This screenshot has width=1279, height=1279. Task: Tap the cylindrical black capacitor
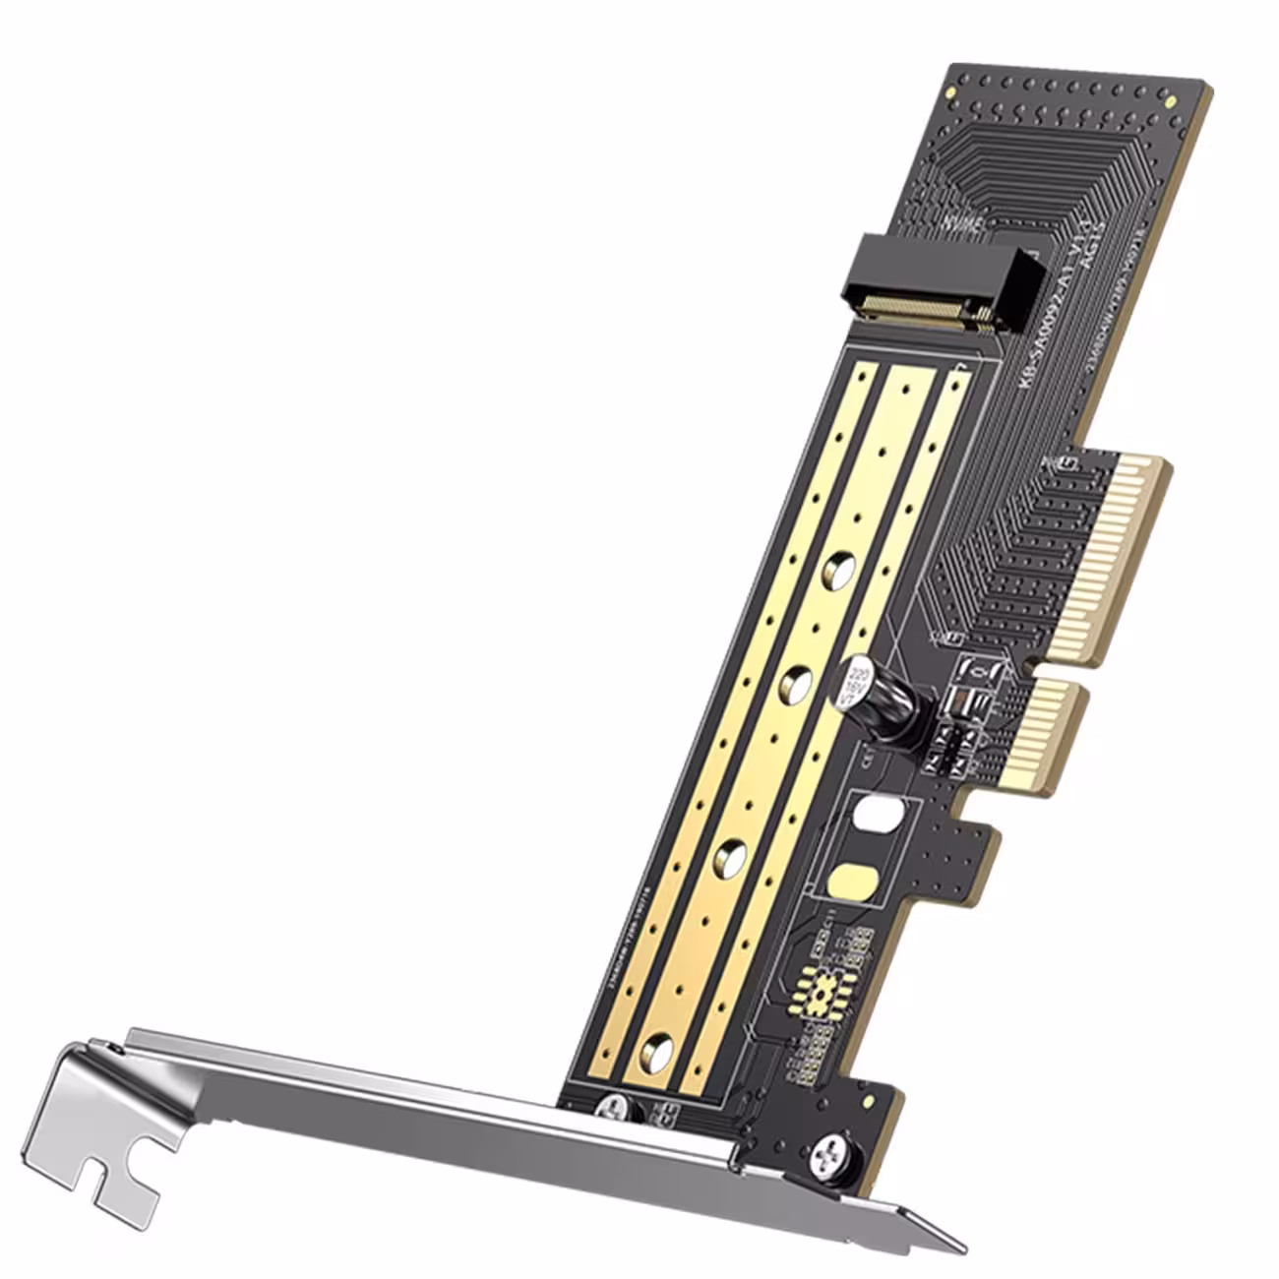coord(881,699)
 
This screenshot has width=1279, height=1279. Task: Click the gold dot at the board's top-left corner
coord(952,90)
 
